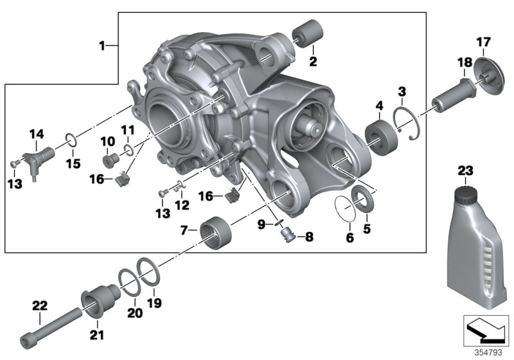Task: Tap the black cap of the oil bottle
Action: tap(463, 192)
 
